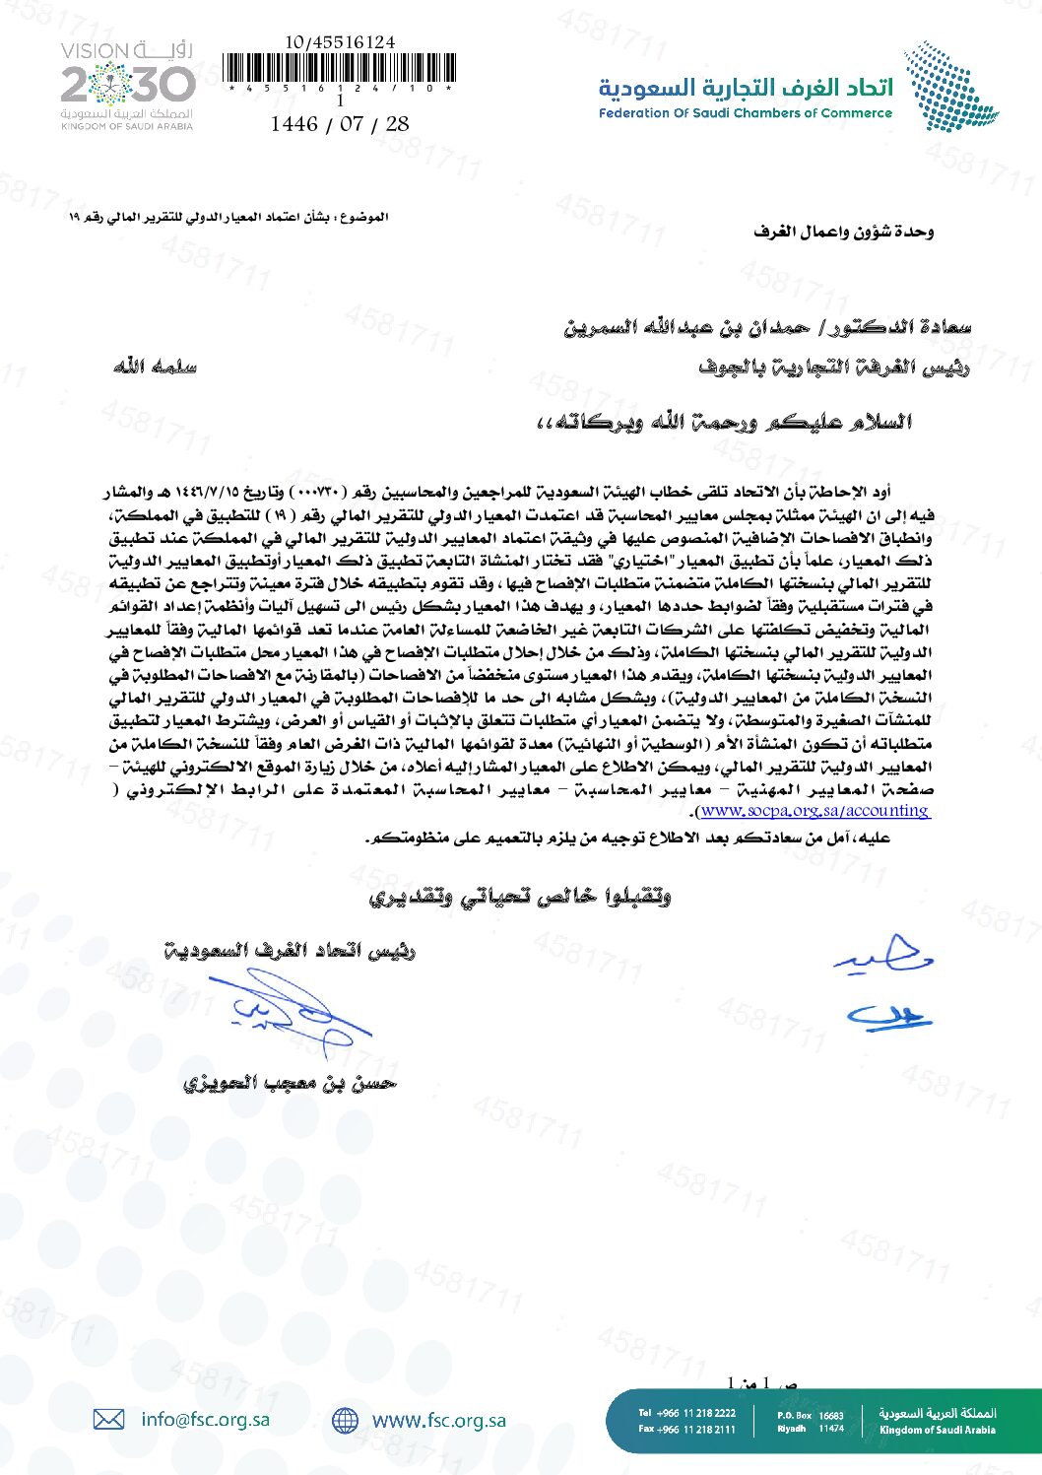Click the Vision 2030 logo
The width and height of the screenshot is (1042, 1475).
click(x=128, y=86)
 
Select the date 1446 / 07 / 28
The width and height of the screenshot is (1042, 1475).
click(x=340, y=124)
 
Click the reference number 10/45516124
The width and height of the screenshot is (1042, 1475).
click(x=340, y=42)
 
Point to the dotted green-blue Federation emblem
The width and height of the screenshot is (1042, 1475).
click(x=950, y=86)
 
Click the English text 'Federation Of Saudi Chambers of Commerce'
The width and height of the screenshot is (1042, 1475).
click(x=745, y=113)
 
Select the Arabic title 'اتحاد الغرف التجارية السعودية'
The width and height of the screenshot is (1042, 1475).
click(x=746, y=88)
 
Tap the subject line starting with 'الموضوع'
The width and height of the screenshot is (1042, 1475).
click(x=228, y=217)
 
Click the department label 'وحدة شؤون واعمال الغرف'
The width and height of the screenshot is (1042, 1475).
click(x=843, y=232)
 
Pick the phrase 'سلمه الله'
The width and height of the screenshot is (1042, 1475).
click(x=155, y=367)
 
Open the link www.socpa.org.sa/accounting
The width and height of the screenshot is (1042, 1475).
click(x=814, y=811)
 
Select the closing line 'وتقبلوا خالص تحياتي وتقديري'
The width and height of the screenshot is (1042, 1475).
click(x=520, y=896)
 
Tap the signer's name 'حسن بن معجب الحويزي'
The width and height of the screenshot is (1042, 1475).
click(x=290, y=1083)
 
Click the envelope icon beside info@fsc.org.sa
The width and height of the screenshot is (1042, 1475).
click(x=108, y=1419)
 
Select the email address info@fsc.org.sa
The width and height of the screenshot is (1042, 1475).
click(x=205, y=1419)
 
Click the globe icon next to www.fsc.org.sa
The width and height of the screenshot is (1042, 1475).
click(x=345, y=1420)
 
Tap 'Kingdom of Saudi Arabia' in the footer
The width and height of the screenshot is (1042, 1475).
click(x=937, y=1430)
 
